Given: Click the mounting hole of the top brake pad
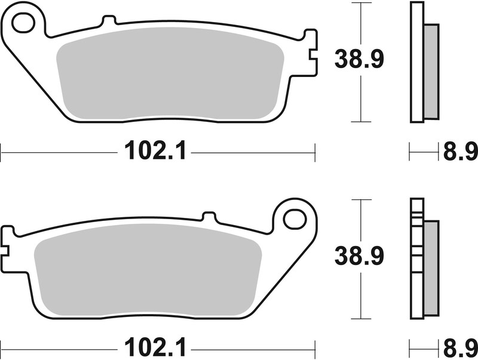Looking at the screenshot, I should coord(23,23).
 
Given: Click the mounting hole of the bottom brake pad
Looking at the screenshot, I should coord(294,219).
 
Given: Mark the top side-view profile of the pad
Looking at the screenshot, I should coord(416,63).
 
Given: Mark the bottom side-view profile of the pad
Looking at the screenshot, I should coord(416,259).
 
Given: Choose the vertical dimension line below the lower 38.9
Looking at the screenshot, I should coord(358,299).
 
